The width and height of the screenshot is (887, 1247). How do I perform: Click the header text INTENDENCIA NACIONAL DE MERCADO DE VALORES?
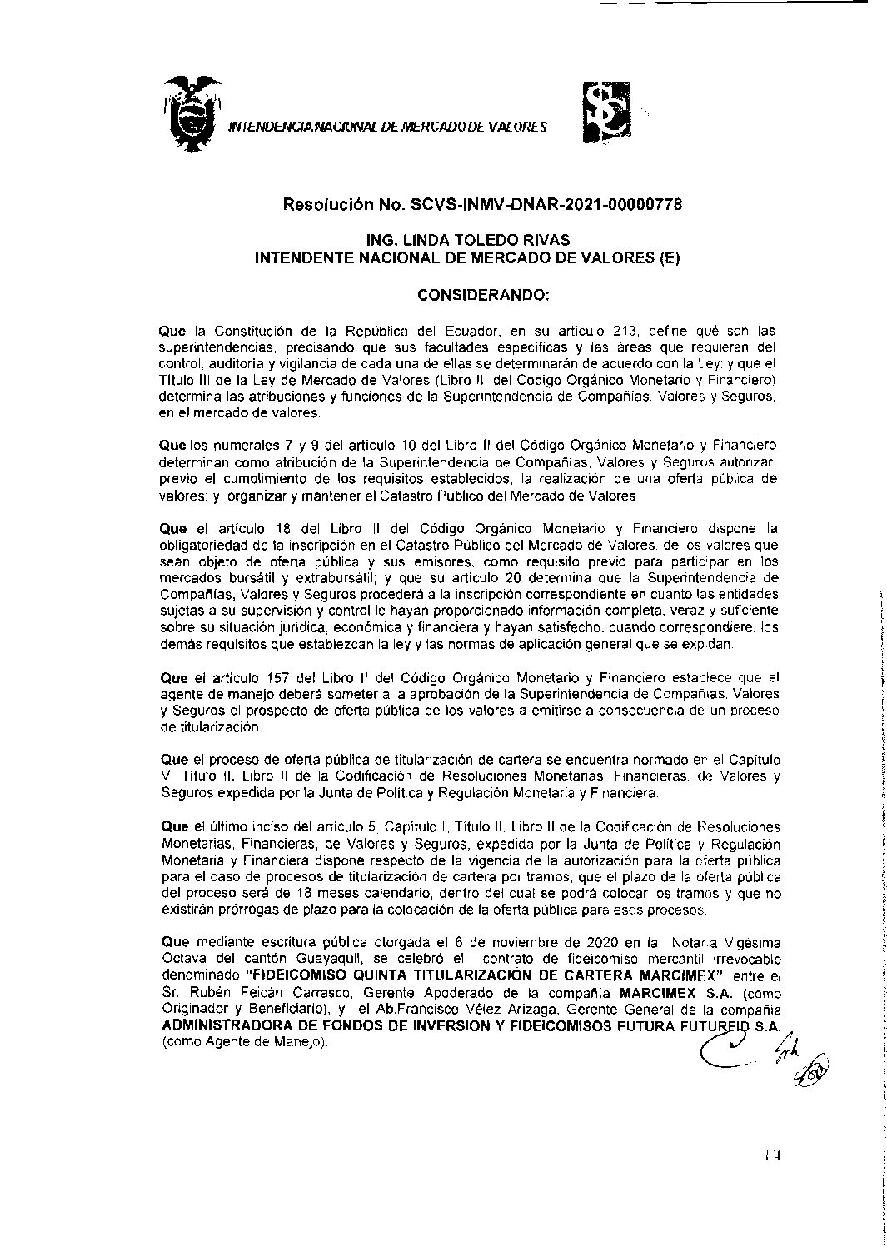click(x=387, y=127)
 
